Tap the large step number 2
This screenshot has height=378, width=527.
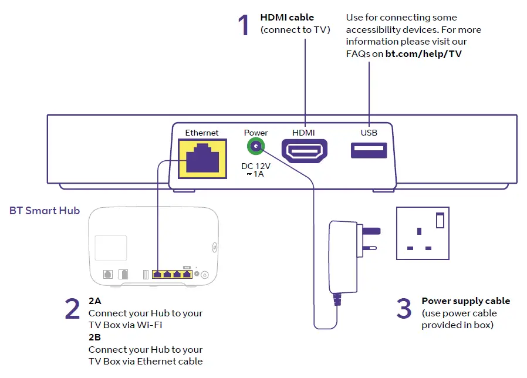(72, 309)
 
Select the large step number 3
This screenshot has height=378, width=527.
(404, 309)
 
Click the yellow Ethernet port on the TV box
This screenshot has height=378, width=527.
(202, 158)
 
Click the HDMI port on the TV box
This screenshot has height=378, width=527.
(304, 150)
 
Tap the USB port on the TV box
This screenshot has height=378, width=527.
(369, 150)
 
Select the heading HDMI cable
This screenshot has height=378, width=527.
(287, 18)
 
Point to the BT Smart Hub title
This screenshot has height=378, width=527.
(45, 210)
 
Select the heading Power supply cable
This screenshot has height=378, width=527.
(465, 301)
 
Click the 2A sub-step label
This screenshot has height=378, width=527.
(94, 301)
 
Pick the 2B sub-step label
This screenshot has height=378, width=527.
(94, 338)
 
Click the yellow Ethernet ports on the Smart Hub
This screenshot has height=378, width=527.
(172, 274)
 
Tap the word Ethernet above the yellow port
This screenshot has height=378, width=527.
(202, 133)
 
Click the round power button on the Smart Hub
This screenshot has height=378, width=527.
(205, 275)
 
